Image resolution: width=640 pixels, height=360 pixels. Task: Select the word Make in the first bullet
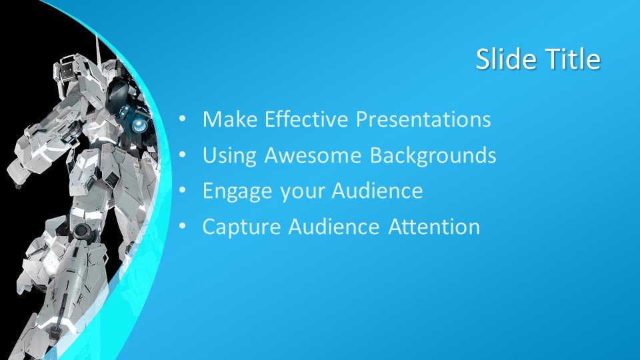(230, 119)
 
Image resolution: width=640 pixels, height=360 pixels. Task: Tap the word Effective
(306, 119)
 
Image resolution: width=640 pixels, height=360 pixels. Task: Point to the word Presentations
(423, 119)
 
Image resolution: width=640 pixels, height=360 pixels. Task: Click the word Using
(229, 156)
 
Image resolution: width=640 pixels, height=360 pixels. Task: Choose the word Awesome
(313, 155)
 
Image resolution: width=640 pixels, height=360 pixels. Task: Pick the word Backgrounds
(433, 156)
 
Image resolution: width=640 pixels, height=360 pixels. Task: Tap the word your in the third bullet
(301, 193)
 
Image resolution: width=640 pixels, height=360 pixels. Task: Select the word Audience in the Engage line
(377, 191)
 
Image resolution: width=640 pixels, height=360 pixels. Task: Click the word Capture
(241, 227)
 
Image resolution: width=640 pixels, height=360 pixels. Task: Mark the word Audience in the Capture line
(334, 227)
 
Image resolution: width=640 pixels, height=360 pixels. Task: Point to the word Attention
(434, 227)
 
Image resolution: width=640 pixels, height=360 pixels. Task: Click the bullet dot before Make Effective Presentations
(182, 119)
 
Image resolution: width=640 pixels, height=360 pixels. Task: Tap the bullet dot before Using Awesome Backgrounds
(182, 155)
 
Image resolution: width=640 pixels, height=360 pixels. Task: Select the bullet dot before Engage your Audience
(182, 191)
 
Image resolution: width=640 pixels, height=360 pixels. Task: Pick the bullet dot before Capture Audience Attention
(182, 227)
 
